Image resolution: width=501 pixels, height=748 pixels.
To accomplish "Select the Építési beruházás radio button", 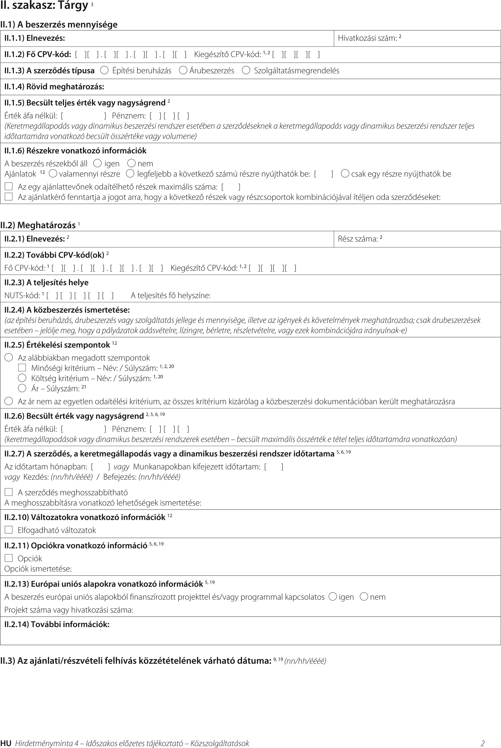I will (x=104, y=70).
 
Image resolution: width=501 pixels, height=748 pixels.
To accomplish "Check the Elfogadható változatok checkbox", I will (x=9, y=530).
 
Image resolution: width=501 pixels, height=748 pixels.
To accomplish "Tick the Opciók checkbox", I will (x=9, y=558).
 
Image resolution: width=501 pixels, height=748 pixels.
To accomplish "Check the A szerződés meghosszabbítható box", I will (x=9, y=492).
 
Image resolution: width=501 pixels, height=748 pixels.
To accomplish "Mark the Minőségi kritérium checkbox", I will (x=22, y=367).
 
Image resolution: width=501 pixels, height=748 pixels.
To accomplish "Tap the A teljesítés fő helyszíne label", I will (x=171, y=295).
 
